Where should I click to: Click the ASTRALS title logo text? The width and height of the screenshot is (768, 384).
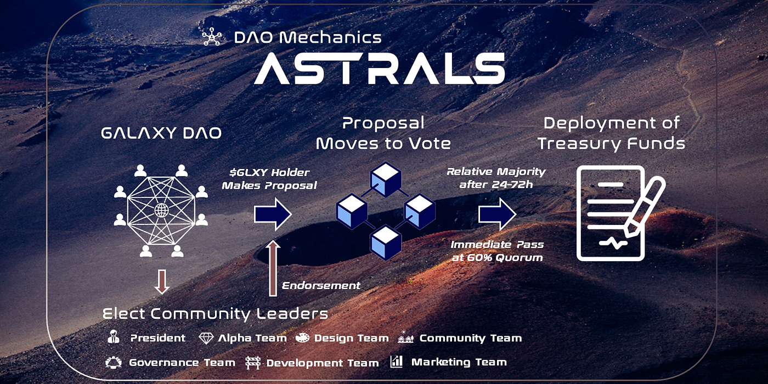(x=379, y=68)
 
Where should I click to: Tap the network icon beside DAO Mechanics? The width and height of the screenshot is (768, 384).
(x=211, y=37)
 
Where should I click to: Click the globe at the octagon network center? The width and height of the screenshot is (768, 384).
(x=161, y=210)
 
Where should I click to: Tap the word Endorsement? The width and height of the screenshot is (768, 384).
(x=321, y=285)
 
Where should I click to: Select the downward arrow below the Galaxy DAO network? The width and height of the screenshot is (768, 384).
(x=162, y=281)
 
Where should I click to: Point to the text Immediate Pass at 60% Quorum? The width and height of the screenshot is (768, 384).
(x=497, y=251)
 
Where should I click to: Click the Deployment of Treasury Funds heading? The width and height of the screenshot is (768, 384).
(x=611, y=133)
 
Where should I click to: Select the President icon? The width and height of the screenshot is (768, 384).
(x=114, y=337)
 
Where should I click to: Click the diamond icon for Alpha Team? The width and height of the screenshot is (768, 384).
(x=206, y=338)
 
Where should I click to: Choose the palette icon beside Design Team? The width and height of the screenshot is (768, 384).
(x=302, y=338)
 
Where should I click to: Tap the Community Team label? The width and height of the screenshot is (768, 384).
(x=470, y=338)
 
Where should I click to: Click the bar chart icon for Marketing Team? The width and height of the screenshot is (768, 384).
(x=396, y=362)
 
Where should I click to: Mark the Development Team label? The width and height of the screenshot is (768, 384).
(x=322, y=363)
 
